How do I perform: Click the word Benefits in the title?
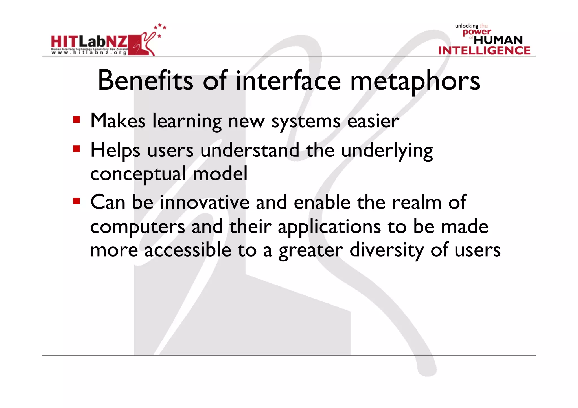coord(145,81)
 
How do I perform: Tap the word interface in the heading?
coord(288,81)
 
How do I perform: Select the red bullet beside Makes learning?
coord(76,120)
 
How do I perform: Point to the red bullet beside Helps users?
coord(76,149)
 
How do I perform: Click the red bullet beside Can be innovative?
coord(76,201)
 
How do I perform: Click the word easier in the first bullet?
coord(373,121)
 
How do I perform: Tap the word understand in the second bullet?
coord(250,150)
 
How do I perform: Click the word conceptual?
coord(138,174)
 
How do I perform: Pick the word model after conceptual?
coord(220,174)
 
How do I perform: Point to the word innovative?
coord(205,202)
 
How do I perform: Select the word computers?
coord(138,227)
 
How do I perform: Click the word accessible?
coord(188,250)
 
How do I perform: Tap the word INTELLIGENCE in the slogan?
coord(484,50)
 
